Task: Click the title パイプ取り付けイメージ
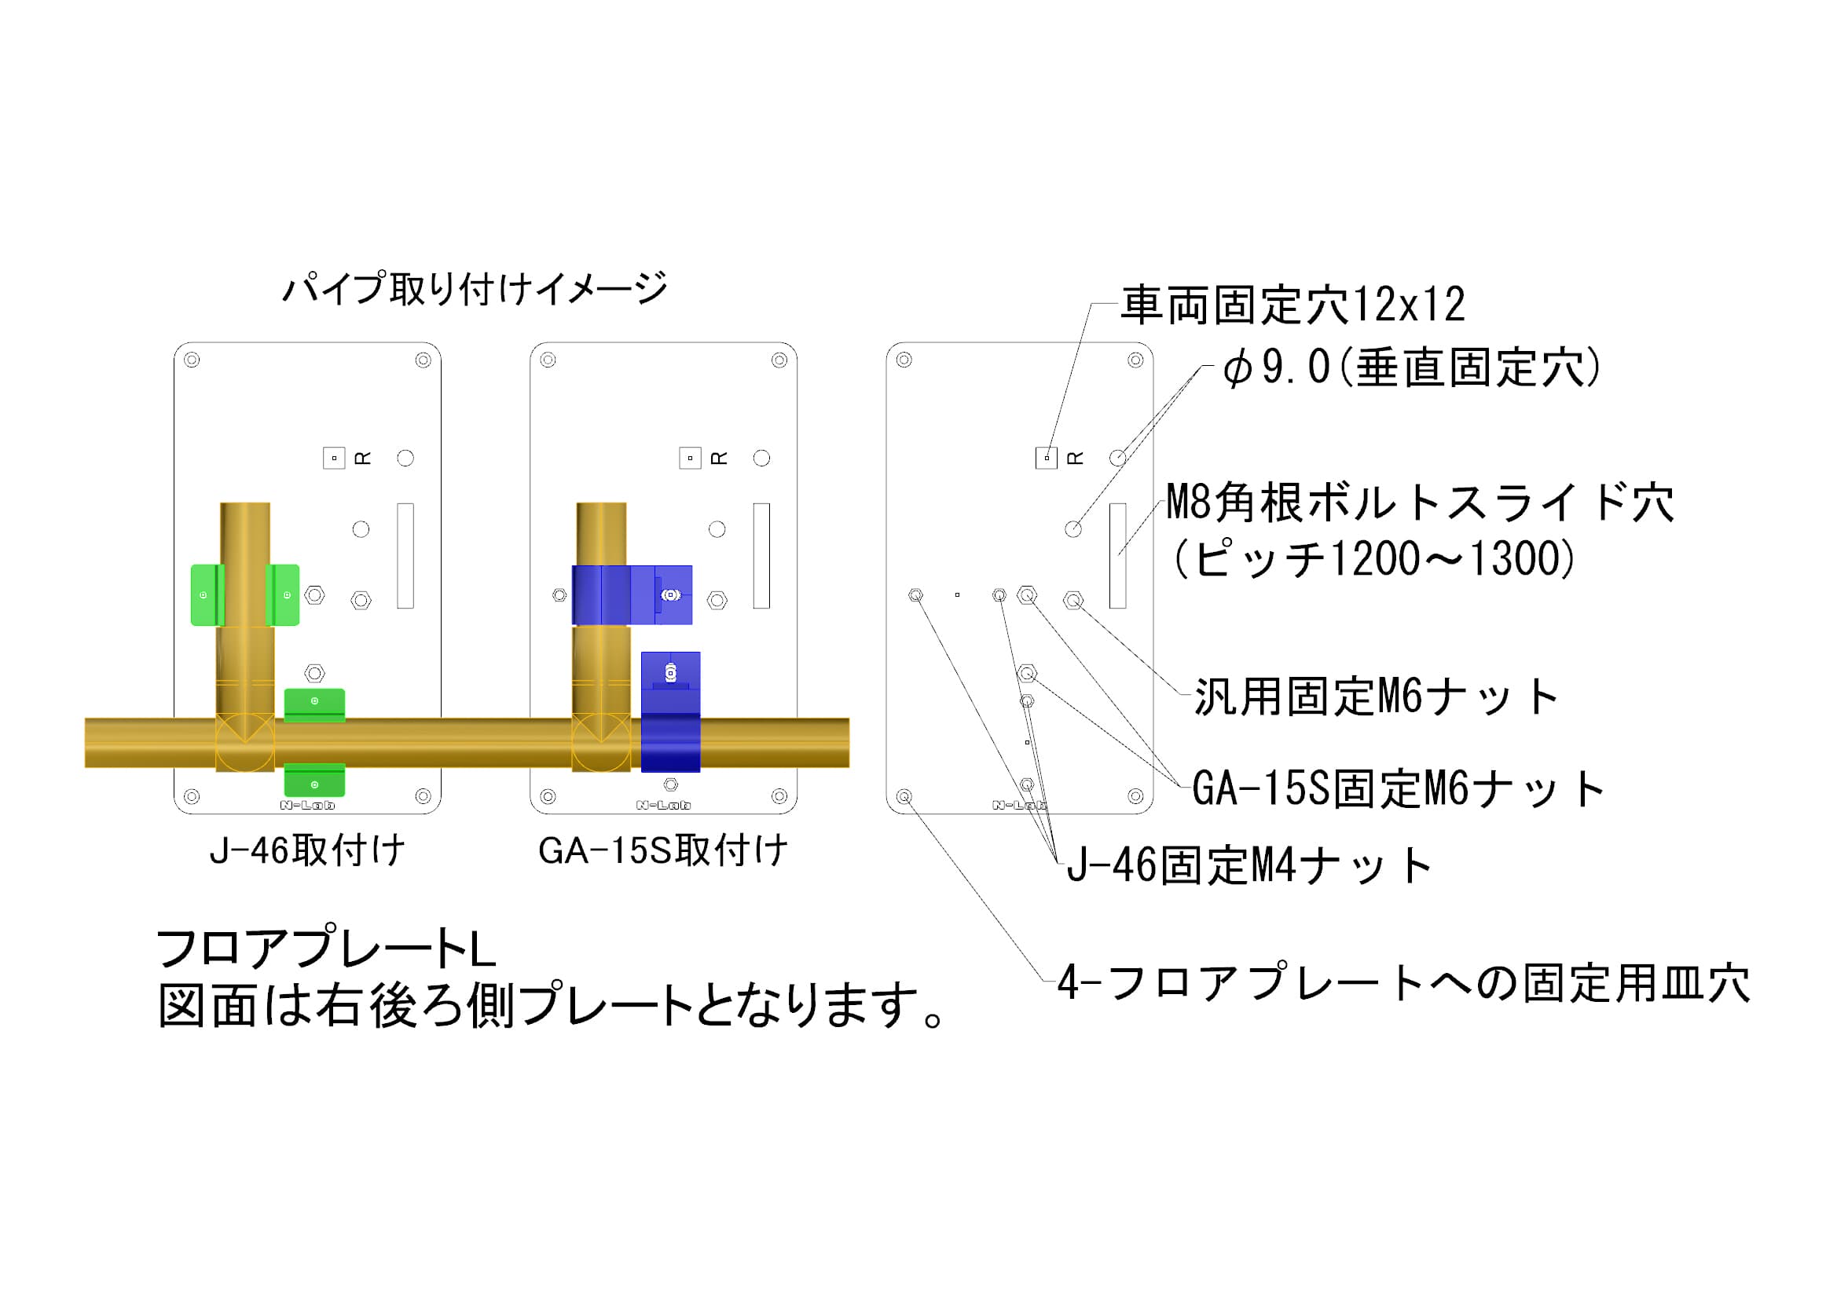tap(475, 289)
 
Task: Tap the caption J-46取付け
tap(307, 850)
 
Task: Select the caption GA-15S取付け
tap(663, 850)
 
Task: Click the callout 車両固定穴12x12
tap(1293, 305)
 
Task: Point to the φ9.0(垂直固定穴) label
tap(1412, 368)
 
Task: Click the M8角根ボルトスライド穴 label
tap(1420, 503)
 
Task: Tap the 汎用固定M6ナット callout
tap(1376, 697)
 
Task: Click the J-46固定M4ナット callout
tap(1249, 865)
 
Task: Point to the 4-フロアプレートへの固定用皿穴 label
tap(1404, 982)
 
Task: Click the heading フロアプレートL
tap(325, 949)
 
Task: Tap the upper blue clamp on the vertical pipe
tap(632, 595)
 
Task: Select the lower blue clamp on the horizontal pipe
tap(670, 711)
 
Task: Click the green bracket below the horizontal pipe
tap(314, 781)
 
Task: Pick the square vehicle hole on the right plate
tap(1047, 459)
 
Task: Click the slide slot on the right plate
tap(1118, 556)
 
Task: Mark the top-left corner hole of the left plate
tap(192, 360)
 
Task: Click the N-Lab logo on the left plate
tap(307, 806)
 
